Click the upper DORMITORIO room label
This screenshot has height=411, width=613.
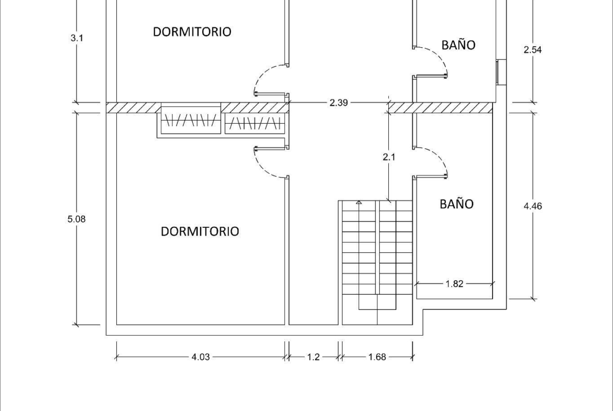click(192, 31)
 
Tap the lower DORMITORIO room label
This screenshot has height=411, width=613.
click(200, 231)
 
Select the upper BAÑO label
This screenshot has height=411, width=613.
click(458, 45)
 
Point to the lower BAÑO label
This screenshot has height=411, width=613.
click(457, 204)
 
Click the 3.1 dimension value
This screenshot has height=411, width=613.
click(76, 38)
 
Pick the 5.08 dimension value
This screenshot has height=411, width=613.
click(76, 219)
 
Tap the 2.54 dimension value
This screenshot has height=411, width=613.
click(532, 50)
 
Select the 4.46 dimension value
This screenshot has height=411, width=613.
click(533, 206)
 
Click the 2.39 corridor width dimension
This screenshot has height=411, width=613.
click(338, 103)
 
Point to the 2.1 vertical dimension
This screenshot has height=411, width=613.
click(389, 157)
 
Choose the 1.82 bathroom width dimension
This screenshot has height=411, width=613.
click(454, 284)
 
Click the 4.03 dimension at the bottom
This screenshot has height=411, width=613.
click(201, 357)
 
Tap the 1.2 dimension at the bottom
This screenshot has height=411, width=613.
click(313, 357)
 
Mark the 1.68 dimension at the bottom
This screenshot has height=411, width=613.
click(377, 357)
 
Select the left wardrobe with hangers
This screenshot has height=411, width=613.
click(191, 120)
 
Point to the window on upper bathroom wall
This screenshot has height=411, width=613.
click(501, 72)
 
